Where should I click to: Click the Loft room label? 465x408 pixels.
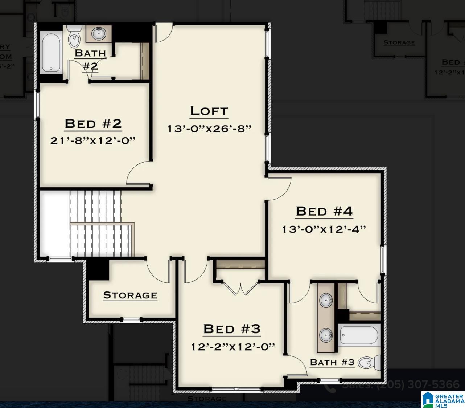pyautogui.click(x=209, y=111)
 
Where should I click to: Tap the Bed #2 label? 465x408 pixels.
pyautogui.click(x=93, y=124)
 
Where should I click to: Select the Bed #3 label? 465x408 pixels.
pyautogui.click(x=232, y=329)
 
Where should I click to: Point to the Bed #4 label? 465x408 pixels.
pyautogui.click(x=324, y=211)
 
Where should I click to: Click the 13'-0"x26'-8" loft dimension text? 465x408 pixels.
pyautogui.click(x=209, y=129)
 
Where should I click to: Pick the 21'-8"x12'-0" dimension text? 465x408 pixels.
pyautogui.click(x=93, y=140)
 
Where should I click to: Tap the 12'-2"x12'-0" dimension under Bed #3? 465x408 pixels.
pyautogui.click(x=233, y=347)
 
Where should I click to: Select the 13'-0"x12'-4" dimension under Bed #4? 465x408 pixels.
pyautogui.click(x=324, y=229)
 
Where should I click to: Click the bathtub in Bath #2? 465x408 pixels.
pyautogui.click(x=51, y=53)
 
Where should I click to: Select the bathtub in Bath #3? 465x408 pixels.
pyautogui.click(x=359, y=335)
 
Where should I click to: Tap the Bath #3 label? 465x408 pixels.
pyautogui.click(x=332, y=362)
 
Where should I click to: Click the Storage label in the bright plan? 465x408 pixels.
pyautogui.click(x=130, y=295)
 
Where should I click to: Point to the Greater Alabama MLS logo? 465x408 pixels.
pyautogui.click(x=443, y=399)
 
